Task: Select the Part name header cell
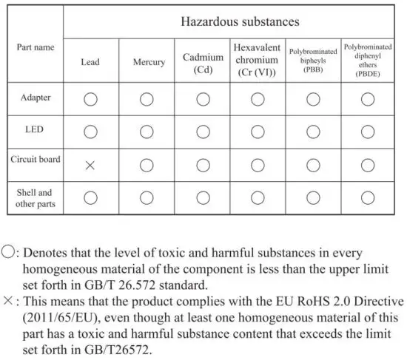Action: tap(35, 47)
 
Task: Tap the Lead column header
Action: tap(90, 62)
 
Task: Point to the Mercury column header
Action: tap(149, 62)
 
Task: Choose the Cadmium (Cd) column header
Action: tap(203, 63)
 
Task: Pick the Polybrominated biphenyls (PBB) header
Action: tap(312, 61)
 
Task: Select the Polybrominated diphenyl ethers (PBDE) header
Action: tap(368, 60)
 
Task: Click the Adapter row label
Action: tap(35, 98)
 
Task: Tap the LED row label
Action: tap(35, 129)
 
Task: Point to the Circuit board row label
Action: tap(35, 159)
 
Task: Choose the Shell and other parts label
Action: tap(35, 198)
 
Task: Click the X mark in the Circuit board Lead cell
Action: tap(90, 165)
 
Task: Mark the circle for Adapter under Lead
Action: tap(90, 99)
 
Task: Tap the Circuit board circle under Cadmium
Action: tap(202, 165)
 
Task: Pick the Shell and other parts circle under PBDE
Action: tap(368, 197)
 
